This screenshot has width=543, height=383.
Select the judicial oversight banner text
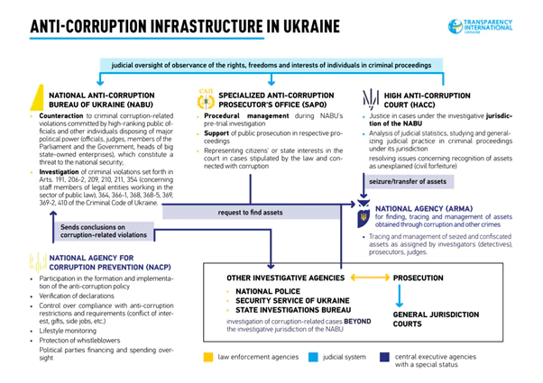coord(271,66)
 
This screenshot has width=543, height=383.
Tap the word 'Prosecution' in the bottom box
coord(424,278)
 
